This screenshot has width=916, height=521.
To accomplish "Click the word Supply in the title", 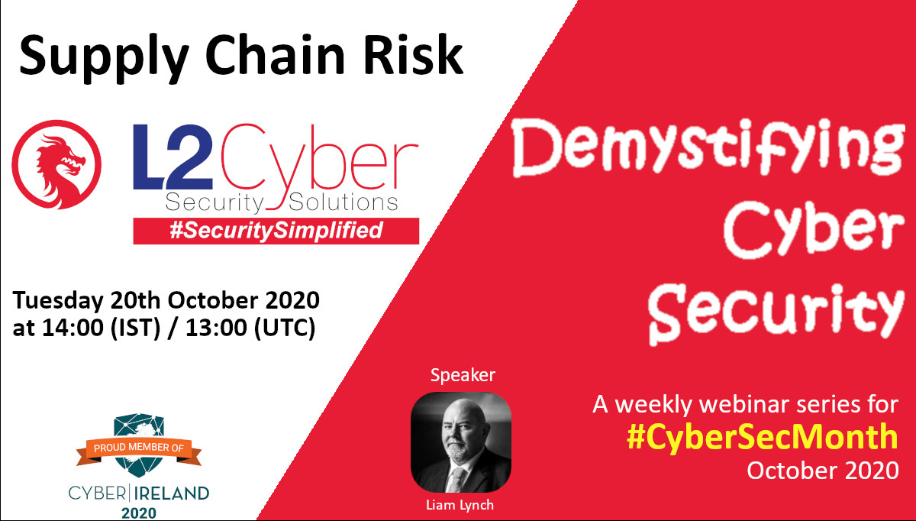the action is point(104,57).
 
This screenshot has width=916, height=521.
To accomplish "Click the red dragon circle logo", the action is point(56,164).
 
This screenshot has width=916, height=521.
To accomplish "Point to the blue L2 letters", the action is point(173,157).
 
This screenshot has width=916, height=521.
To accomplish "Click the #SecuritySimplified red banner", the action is point(276,231).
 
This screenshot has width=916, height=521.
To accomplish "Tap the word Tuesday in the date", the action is point(58,302).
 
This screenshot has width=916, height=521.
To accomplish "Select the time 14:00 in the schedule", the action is point(73,328).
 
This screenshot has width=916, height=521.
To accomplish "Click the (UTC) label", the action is point(285,328).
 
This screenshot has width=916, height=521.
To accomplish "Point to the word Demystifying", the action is point(708,147).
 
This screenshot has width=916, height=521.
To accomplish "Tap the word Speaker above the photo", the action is point(463,375).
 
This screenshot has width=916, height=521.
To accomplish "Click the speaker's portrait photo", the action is point(461,442).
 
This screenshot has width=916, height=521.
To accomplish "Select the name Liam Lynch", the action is point(460,505).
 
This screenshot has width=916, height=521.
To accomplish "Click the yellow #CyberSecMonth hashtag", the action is point(763,437).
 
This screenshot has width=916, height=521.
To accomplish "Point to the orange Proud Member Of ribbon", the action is point(139,450).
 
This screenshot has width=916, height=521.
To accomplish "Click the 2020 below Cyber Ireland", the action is point(139,513).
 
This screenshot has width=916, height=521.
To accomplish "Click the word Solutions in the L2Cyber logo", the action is point(343,202).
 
